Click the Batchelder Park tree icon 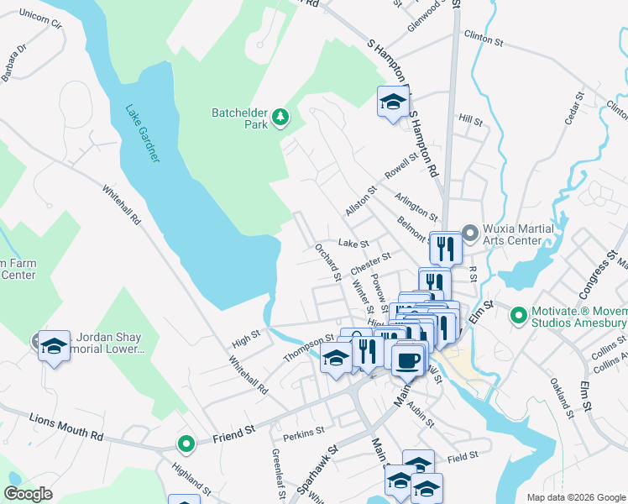click(280, 118)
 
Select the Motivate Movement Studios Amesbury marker click(518, 315)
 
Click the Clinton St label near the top click(483, 39)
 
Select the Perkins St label click(304, 433)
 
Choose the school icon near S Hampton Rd click(393, 102)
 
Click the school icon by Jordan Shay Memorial click(54, 346)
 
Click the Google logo click(29, 494)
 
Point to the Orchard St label click(327, 261)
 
